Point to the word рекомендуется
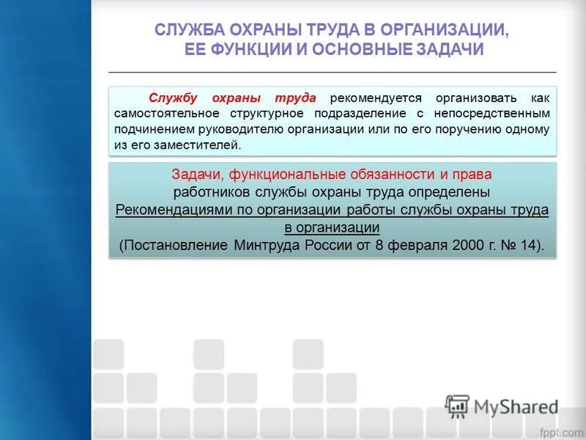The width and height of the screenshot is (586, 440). click(378, 98)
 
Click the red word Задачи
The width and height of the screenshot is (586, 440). click(197, 175)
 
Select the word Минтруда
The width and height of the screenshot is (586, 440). click(263, 245)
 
